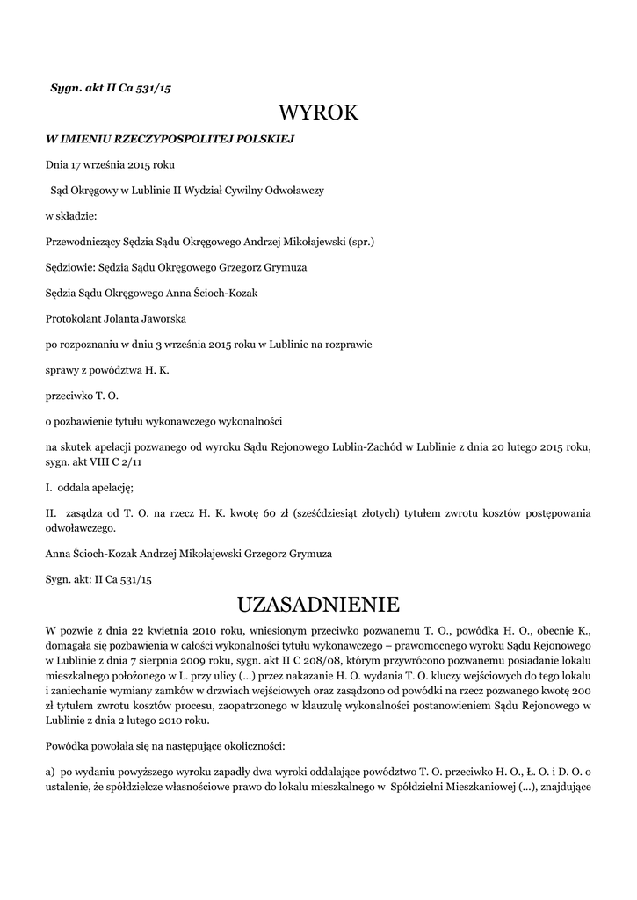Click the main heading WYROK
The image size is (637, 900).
tap(318, 113)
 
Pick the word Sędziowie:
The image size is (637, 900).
tap(70, 266)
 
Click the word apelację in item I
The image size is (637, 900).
tap(111, 486)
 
